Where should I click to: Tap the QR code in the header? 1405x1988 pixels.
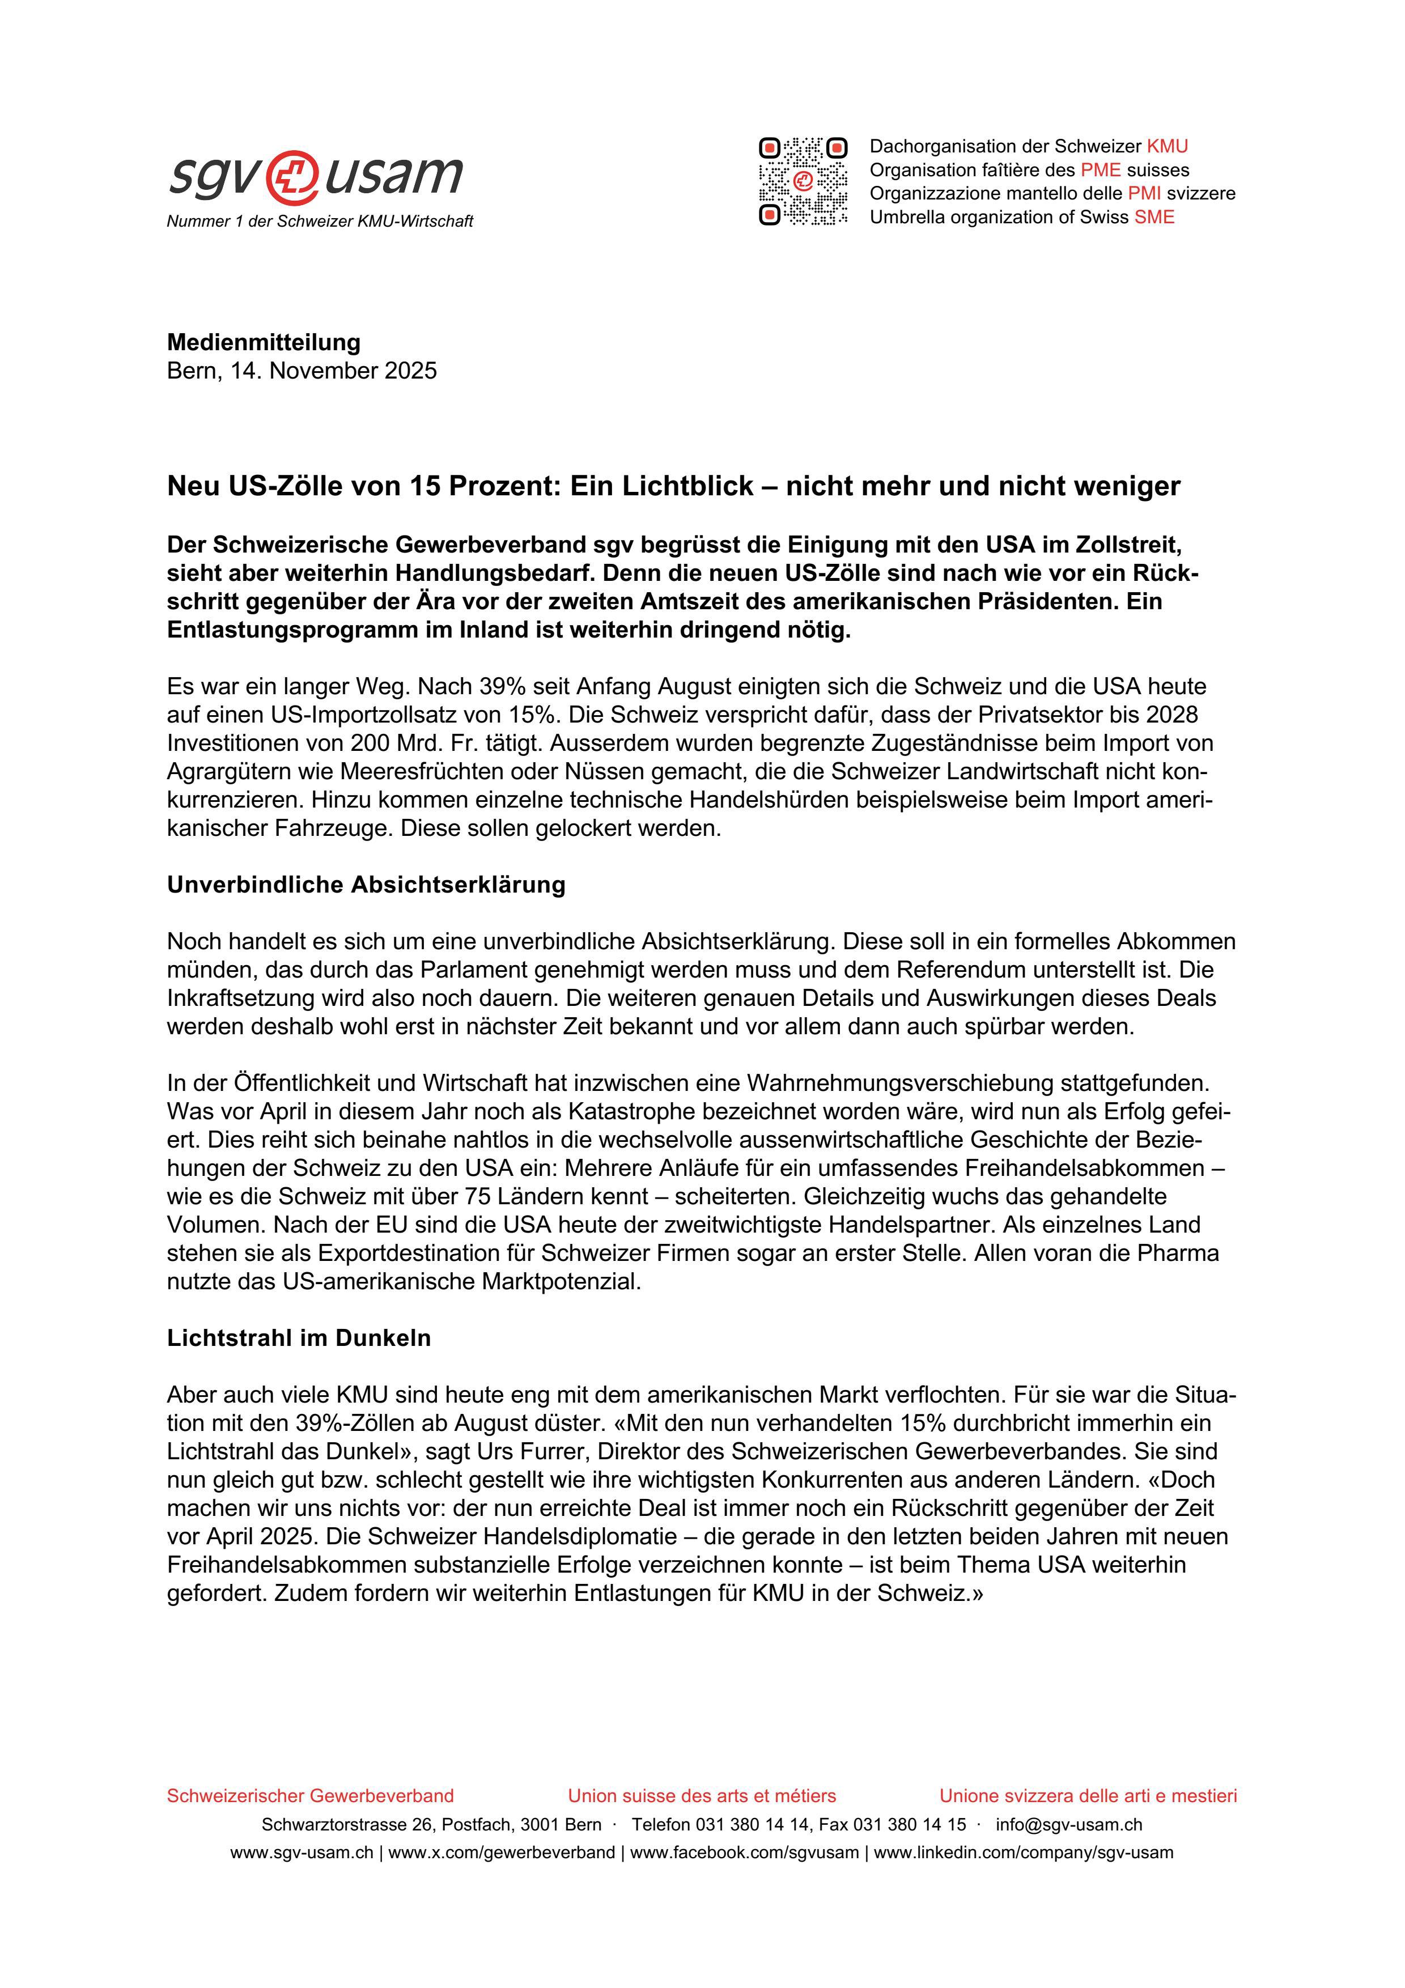[x=803, y=182]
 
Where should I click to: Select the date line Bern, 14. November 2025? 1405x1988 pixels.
[x=302, y=371]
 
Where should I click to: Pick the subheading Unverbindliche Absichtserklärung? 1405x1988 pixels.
[x=366, y=885]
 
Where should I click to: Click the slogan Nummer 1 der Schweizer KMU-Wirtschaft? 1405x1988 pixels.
[x=320, y=222]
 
